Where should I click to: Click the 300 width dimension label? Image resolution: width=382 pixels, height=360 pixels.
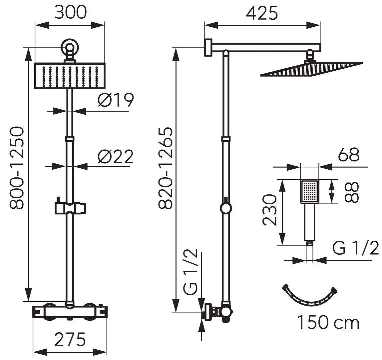point(70,13)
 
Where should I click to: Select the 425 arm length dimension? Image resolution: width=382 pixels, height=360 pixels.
point(262,14)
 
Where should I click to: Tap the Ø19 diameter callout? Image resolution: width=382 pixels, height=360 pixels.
point(116,100)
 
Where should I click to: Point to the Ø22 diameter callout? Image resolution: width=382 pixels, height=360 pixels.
point(116,157)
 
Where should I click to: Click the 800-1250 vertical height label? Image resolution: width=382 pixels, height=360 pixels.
point(16,168)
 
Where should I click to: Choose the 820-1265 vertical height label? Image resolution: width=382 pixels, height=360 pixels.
point(165,168)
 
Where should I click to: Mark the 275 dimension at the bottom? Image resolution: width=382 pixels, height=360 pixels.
point(70,340)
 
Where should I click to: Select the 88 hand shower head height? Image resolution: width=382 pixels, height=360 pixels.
point(352,192)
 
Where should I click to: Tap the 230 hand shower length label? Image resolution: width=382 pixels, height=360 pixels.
point(269,210)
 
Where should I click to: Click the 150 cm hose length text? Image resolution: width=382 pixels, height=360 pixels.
point(328,323)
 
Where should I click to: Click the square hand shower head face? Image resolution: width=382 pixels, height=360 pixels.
point(310,191)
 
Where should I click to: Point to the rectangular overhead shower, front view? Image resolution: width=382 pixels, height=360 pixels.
point(70,76)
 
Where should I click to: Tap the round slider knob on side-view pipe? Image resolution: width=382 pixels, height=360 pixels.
point(226,209)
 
